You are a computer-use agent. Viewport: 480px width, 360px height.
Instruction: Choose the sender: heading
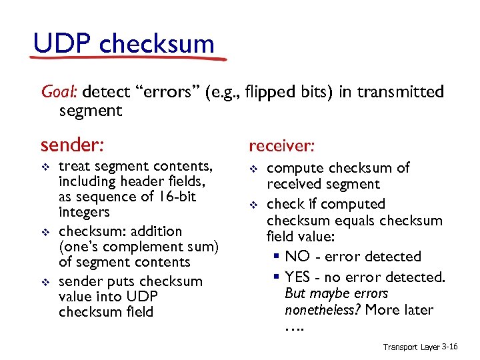click(x=73, y=145)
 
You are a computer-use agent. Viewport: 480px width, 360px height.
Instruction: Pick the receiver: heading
click(x=281, y=145)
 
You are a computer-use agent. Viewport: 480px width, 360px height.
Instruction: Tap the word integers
click(x=84, y=212)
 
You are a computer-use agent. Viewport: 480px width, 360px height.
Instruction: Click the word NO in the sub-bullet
click(x=296, y=257)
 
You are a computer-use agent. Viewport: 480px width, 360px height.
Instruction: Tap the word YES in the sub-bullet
click(x=298, y=277)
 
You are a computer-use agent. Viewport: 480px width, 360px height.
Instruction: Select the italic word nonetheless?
click(x=317, y=310)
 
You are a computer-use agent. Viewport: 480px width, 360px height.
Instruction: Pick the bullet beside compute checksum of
click(x=253, y=169)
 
